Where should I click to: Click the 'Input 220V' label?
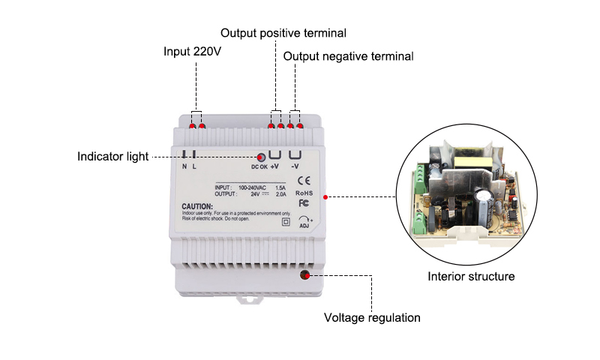(x=193, y=52)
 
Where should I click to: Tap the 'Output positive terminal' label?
(x=283, y=33)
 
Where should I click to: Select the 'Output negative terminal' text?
(x=348, y=56)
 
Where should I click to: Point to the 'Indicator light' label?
(x=112, y=157)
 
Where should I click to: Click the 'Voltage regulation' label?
(x=372, y=317)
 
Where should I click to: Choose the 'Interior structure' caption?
(x=471, y=277)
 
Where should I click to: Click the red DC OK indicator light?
(x=261, y=157)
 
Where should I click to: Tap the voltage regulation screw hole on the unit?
(x=304, y=274)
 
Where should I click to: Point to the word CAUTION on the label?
(x=197, y=206)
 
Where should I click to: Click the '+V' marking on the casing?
(x=274, y=166)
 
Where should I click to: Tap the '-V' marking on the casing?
(x=295, y=166)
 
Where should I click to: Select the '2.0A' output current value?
(x=280, y=193)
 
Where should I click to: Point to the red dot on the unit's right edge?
(x=325, y=197)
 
